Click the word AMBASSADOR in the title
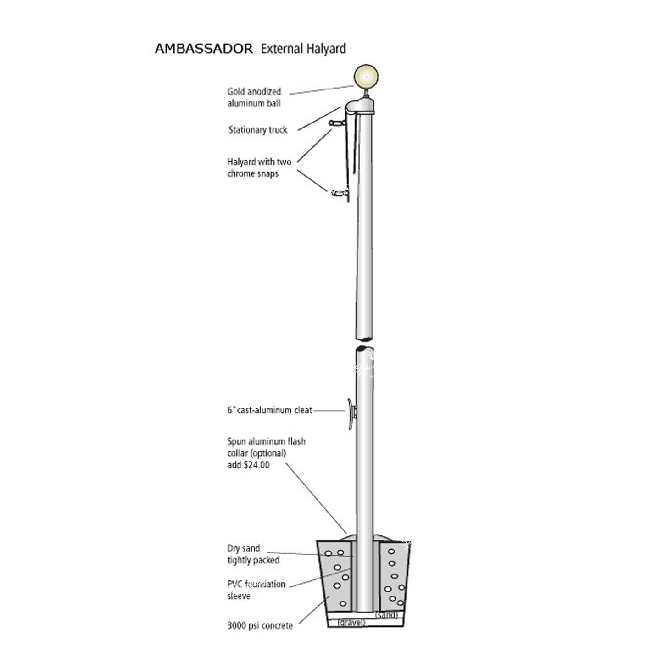click(x=204, y=49)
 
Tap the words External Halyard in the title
click(x=303, y=49)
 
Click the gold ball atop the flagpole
click(x=366, y=76)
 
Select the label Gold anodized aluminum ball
click(x=254, y=97)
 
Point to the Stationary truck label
click(x=258, y=130)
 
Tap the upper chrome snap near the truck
click(x=336, y=123)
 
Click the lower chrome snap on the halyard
click(x=339, y=193)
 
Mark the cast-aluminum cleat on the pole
click(x=351, y=413)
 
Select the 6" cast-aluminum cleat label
click(x=269, y=410)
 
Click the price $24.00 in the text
click(x=255, y=465)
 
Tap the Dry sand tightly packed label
click(x=253, y=554)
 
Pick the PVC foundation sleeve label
click(x=256, y=590)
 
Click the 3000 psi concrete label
click(x=260, y=625)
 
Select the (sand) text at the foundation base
click(x=386, y=615)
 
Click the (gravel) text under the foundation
click(x=351, y=622)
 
